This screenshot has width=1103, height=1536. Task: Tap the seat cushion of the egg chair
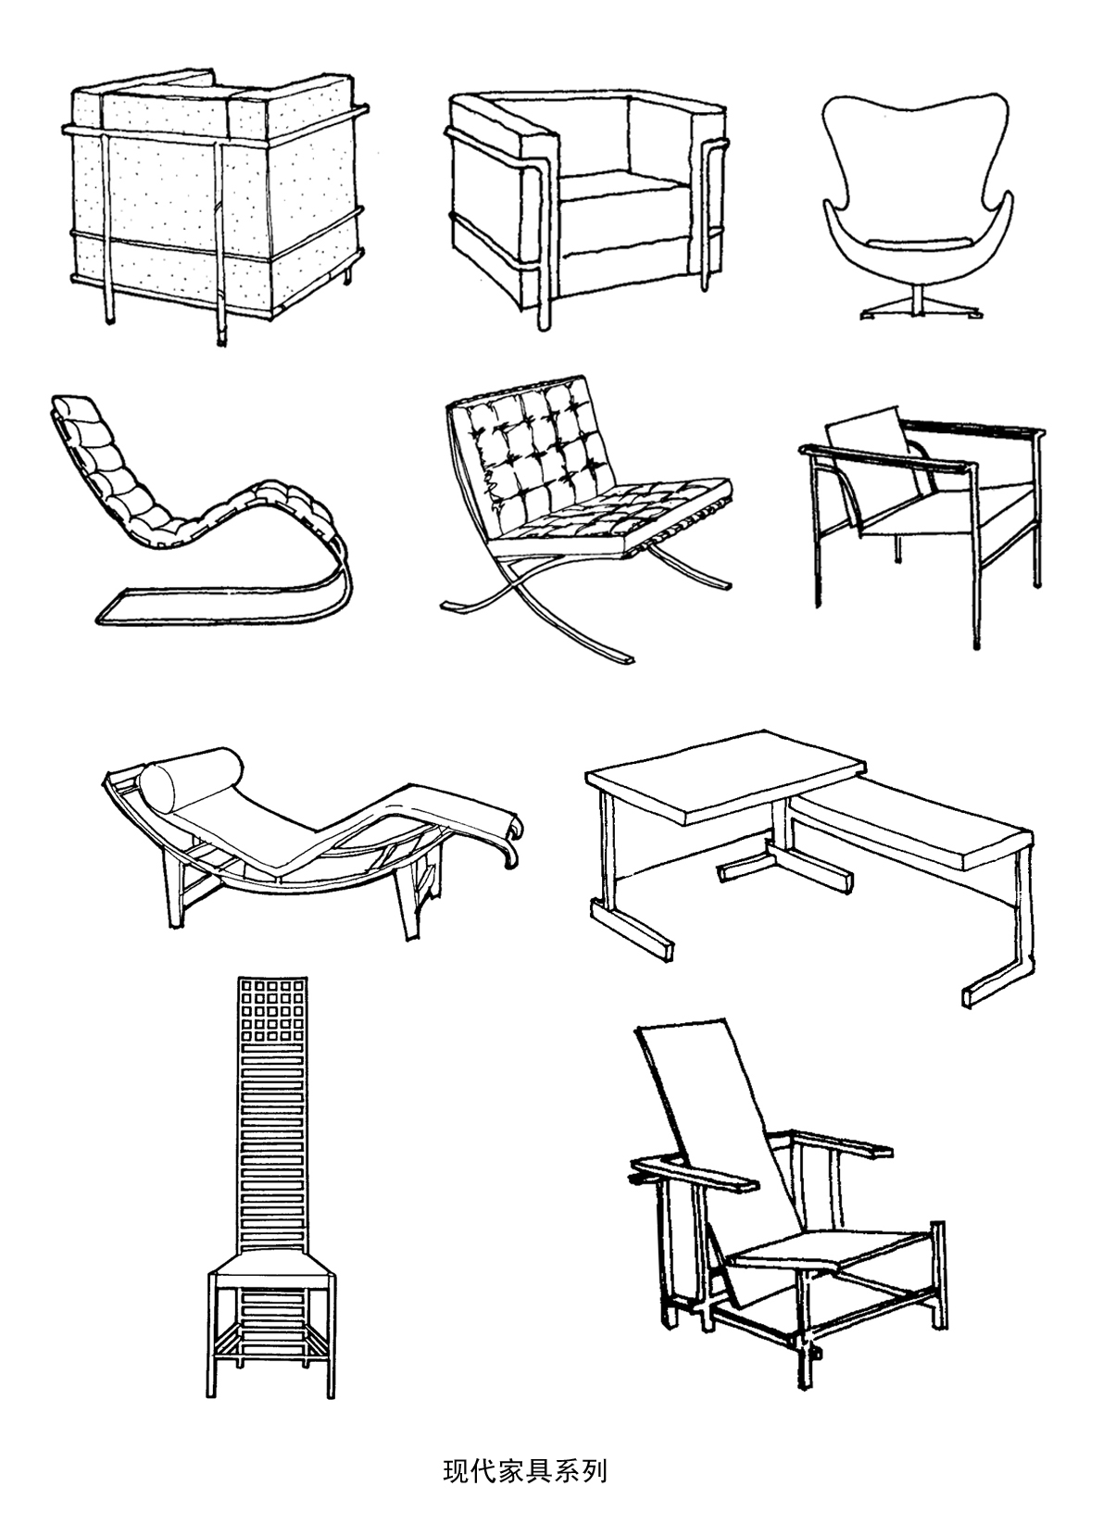point(917,242)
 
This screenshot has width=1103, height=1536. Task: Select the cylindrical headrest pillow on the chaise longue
point(191,771)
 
